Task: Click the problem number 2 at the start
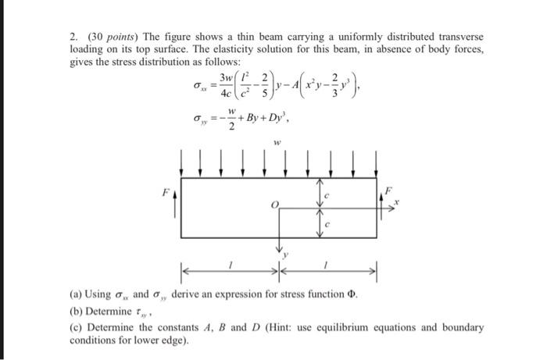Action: [73, 37]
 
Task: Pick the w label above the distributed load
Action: [277, 143]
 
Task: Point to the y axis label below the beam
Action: [287, 254]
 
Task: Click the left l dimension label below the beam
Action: [230, 267]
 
